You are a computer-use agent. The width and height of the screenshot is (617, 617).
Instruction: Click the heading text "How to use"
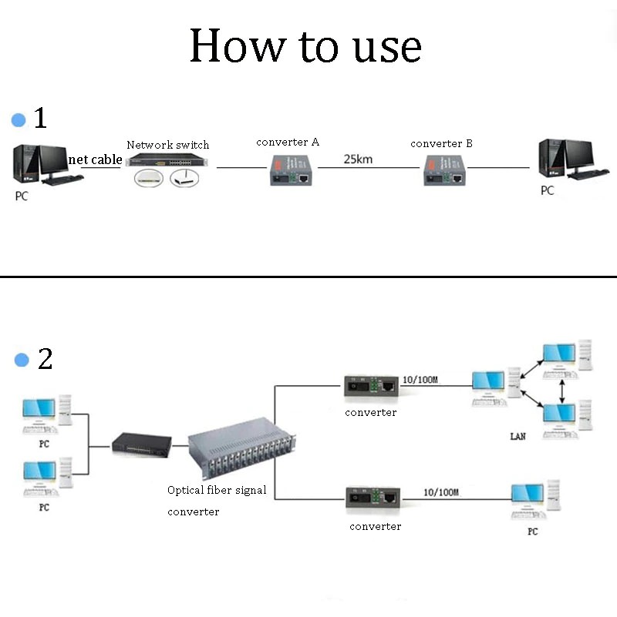[305, 46]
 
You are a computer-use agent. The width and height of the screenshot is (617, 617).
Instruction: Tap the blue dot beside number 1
[19, 120]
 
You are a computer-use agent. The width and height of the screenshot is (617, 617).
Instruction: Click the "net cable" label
[96, 159]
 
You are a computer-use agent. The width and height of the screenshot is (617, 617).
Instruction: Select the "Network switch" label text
[167, 145]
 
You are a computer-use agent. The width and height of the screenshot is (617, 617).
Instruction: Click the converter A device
[291, 169]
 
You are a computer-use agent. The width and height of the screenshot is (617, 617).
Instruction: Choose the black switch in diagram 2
[141, 443]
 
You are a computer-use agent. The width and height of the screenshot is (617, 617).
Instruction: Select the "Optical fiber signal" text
[217, 490]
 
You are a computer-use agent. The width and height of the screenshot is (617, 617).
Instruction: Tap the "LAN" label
[518, 437]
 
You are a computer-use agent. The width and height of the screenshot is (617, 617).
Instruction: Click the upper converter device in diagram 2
[371, 386]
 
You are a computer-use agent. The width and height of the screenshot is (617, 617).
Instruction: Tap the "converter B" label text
[441, 143]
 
